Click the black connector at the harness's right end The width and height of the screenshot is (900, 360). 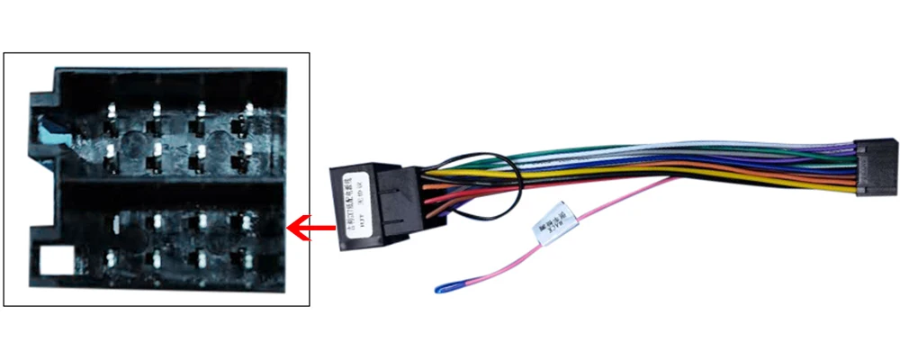(x=875, y=167)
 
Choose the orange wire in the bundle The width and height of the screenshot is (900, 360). (x=765, y=178)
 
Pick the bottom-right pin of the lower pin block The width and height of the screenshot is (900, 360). (x=244, y=259)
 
